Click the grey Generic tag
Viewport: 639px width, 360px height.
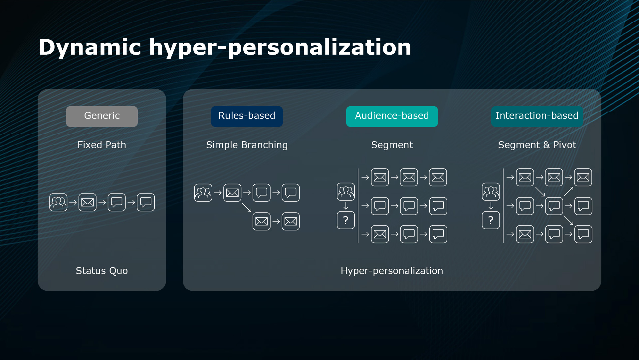coord(102,116)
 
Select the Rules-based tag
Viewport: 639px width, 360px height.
coord(247,116)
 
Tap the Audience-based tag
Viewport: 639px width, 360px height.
coord(392,116)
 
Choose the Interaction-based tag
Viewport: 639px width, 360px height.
coord(537,116)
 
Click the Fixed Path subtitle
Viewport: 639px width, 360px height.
coord(102,145)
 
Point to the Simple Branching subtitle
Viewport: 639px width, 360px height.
coord(247,145)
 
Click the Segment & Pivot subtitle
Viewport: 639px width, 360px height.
coord(537,145)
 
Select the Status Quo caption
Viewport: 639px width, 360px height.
coord(102,271)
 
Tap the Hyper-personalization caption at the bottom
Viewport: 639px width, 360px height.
coord(392,271)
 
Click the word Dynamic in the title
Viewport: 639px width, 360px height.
coord(90,47)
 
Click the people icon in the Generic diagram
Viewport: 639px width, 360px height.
coord(58,202)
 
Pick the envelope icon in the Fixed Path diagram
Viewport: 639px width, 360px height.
coord(88,202)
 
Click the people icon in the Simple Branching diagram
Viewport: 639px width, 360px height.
coord(203,192)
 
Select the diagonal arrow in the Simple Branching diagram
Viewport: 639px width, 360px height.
coord(247,207)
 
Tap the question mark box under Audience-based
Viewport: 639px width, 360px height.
coord(346,220)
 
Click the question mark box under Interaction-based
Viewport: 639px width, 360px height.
coord(491,220)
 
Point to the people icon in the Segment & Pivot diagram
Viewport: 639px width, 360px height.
coord(491,191)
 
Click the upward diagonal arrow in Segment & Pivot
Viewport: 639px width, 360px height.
coord(568,191)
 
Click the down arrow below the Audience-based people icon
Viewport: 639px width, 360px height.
coord(346,206)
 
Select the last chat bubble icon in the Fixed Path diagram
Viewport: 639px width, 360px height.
coord(146,202)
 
